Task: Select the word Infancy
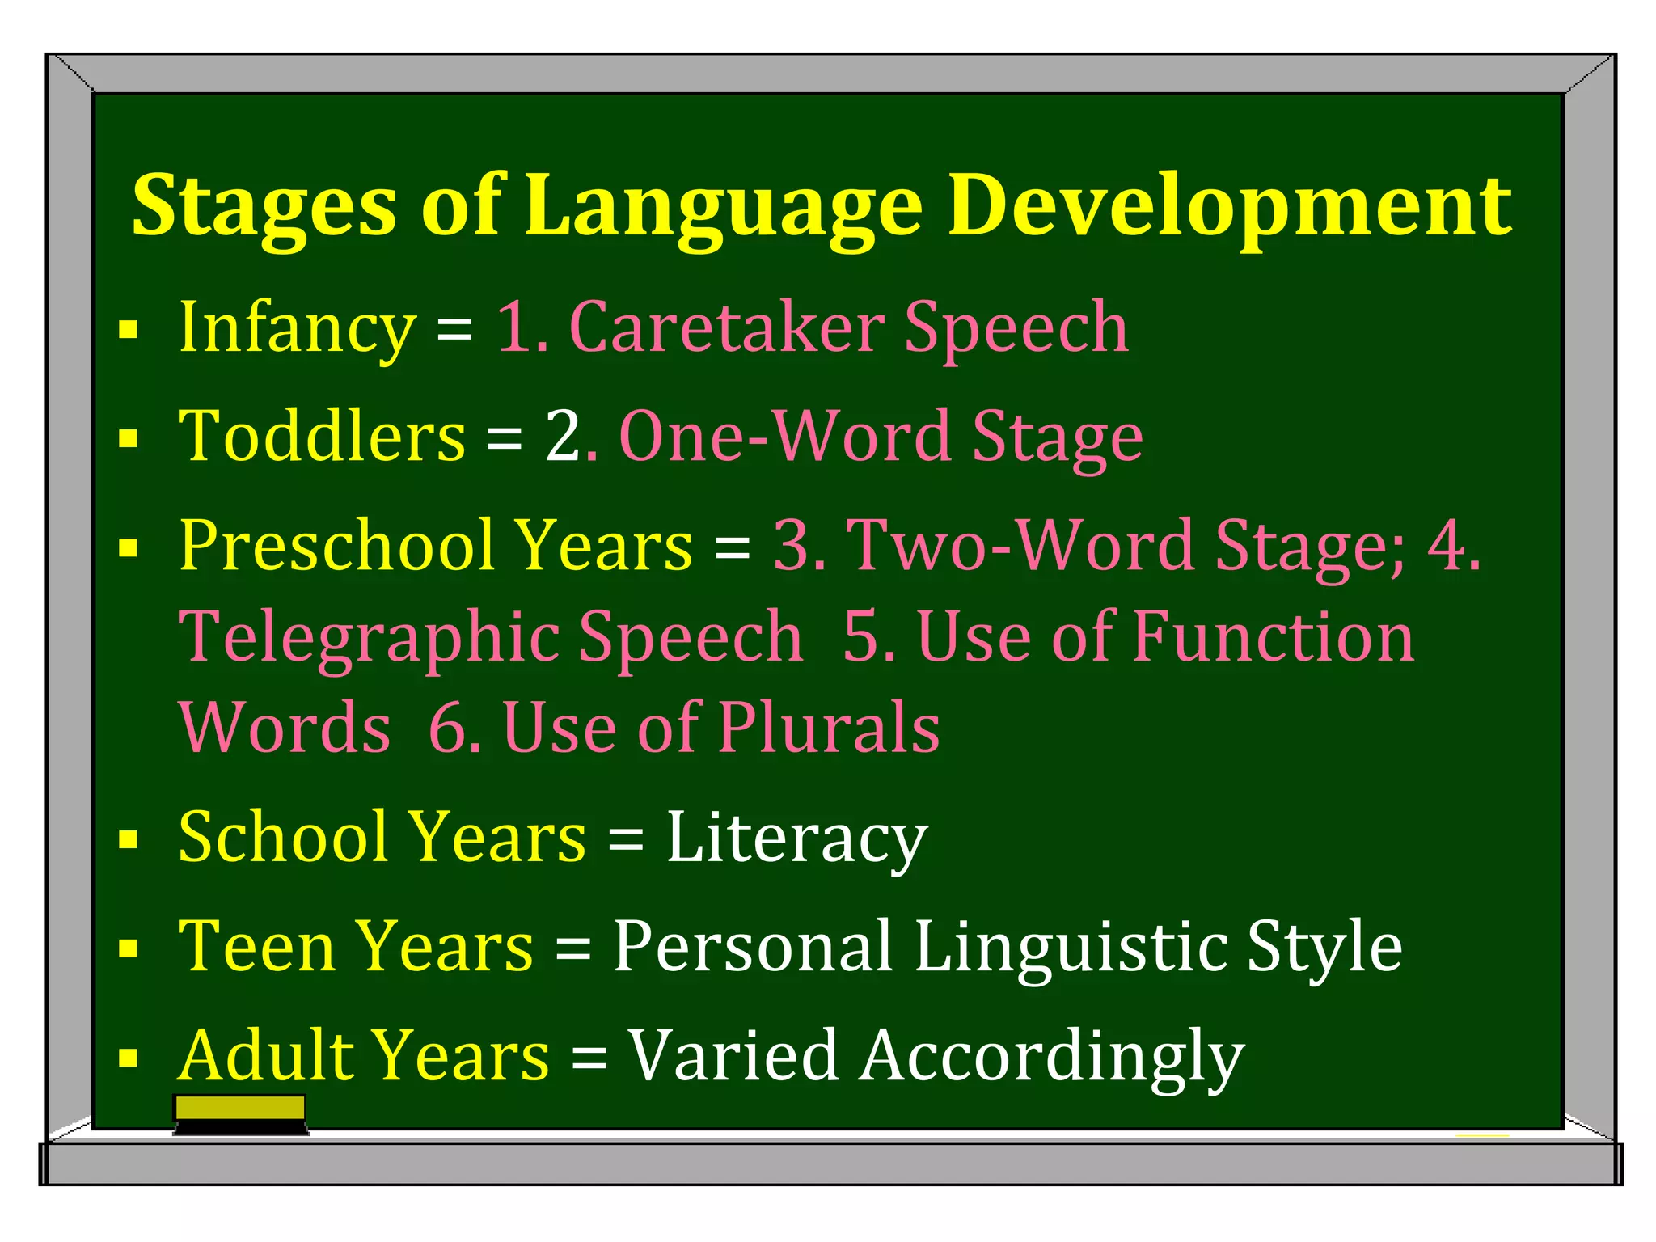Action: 297,327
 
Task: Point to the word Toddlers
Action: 322,437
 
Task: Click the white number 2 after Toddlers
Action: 563,437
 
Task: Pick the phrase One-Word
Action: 784,437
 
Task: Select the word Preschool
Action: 336,546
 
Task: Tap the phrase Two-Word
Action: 1020,546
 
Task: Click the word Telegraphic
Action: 369,637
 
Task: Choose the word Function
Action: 1273,637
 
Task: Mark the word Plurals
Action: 829,728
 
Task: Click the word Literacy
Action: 796,839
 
